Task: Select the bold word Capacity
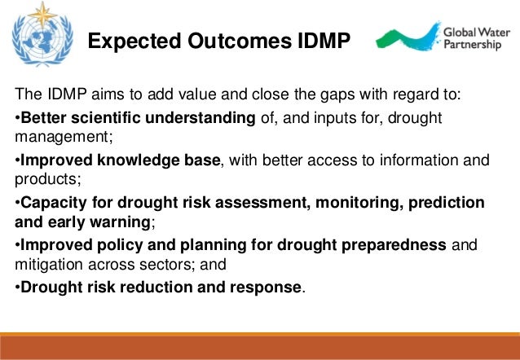53,202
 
